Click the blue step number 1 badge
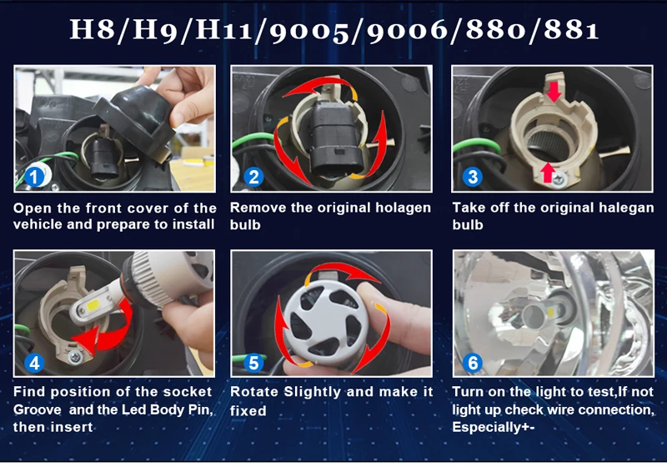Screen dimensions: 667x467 click(34, 177)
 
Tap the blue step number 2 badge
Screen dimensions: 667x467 click(254, 177)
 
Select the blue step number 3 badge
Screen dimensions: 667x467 click(473, 177)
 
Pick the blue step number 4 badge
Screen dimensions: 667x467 click(34, 363)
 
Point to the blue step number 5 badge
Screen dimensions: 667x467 click(254, 363)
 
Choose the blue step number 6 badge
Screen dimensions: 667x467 click(473, 363)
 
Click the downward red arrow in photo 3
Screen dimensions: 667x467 click(554, 92)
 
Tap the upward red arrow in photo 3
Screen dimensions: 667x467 click(549, 173)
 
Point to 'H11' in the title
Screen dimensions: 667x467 click(223, 30)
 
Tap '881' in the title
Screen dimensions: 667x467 click(571, 30)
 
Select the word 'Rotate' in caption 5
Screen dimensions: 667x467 click(254, 392)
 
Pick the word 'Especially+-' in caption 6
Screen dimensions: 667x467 click(494, 427)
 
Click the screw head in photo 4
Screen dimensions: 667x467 click(76, 358)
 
